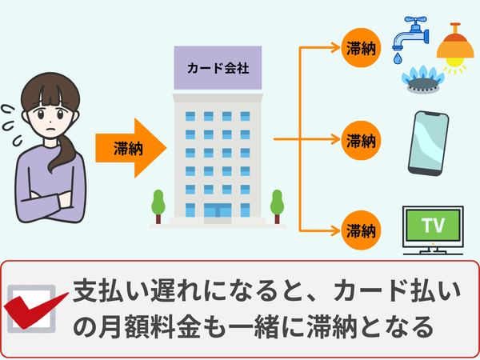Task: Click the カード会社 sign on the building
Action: pos(218,69)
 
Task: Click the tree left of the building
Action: pos(158,205)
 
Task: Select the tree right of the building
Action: pos(278,205)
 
